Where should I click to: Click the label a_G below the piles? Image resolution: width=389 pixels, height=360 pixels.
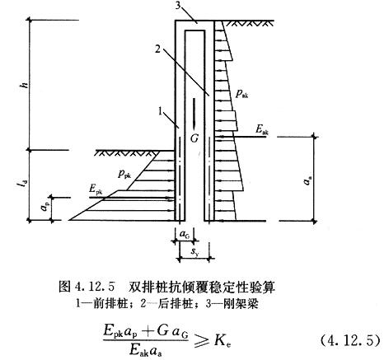[x=184, y=234]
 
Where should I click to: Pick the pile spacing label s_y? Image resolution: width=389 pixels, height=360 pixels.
[x=196, y=251]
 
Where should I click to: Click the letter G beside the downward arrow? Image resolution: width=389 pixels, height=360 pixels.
[x=194, y=138]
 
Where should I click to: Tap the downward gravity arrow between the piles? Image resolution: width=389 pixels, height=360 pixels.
[x=194, y=114]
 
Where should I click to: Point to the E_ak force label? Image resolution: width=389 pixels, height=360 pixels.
[x=262, y=130]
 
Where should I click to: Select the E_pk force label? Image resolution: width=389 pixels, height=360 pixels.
[x=96, y=189]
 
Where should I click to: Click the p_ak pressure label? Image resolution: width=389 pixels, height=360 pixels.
[x=242, y=94]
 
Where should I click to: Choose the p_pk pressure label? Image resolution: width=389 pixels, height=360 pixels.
[x=124, y=175]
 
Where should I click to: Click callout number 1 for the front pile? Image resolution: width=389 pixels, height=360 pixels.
[x=162, y=111]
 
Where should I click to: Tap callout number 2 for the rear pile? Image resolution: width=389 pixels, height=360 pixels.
[x=157, y=49]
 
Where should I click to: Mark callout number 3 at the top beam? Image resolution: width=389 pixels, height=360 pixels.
[x=178, y=5]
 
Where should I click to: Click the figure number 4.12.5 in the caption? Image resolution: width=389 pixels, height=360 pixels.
[x=94, y=288]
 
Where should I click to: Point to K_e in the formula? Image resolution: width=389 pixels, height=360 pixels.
[x=223, y=341]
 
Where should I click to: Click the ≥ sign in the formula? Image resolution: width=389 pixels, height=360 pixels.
[x=202, y=341]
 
